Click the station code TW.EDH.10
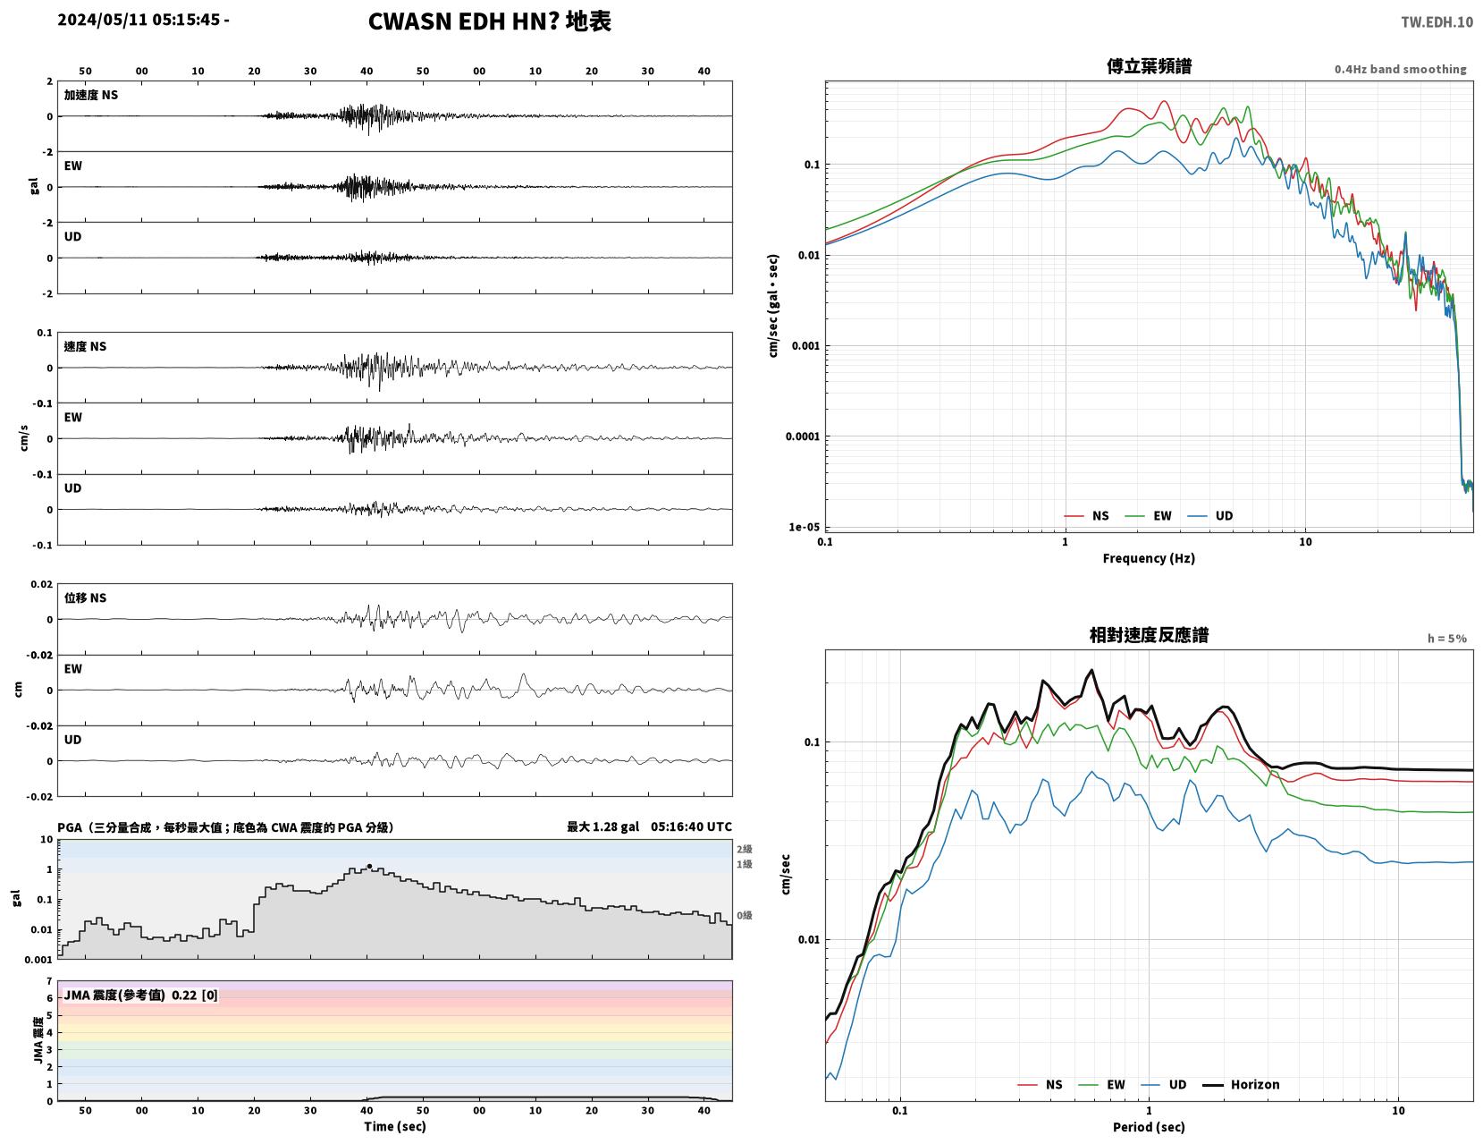click(1437, 21)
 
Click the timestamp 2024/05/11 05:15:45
click(139, 20)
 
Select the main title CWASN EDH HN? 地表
click(489, 21)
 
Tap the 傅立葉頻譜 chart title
click(1149, 66)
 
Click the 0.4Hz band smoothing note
click(1400, 69)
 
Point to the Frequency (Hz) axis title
click(1149, 558)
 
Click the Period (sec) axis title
click(1149, 1127)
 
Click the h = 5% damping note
click(1447, 639)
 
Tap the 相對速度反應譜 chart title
click(1149, 635)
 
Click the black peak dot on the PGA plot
click(369, 866)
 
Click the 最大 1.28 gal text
click(602, 826)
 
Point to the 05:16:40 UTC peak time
click(691, 826)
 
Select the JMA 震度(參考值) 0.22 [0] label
click(140, 996)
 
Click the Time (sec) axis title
click(394, 1126)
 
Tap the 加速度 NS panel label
click(91, 95)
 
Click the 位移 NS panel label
click(85, 597)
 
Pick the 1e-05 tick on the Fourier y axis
click(804, 527)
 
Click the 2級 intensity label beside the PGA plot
click(744, 849)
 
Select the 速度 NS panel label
click(85, 347)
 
